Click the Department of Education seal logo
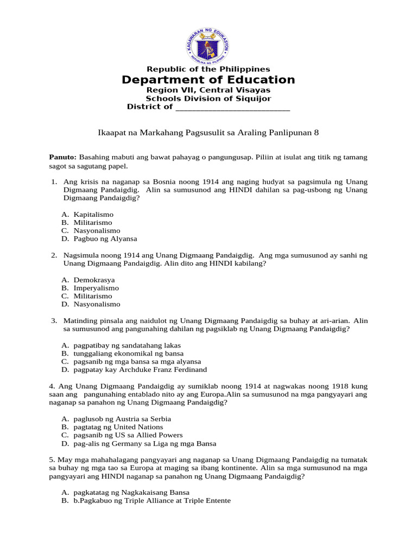coord(208,43)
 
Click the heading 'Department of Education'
coord(208,80)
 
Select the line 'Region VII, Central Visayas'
coord(208,90)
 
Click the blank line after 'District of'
coord(233,107)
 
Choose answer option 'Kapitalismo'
coord(93,215)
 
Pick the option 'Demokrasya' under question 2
coord(94,280)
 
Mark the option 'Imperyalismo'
coord(96,288)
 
